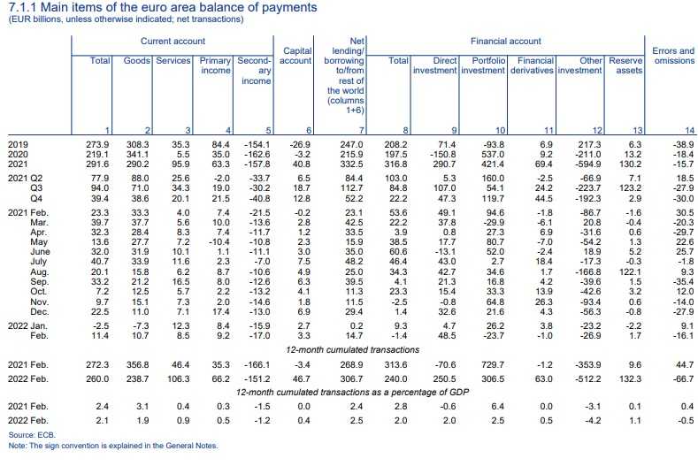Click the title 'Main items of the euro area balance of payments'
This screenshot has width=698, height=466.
click(164, 8)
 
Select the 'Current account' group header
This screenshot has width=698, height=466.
click(173, 41)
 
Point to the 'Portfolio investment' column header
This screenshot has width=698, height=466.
click(482, 65)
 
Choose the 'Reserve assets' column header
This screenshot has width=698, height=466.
click(626, 65)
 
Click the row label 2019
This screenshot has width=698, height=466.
click(17, 142)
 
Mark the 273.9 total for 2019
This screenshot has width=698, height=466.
click(95, 142)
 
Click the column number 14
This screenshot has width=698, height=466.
click(689, 131)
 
